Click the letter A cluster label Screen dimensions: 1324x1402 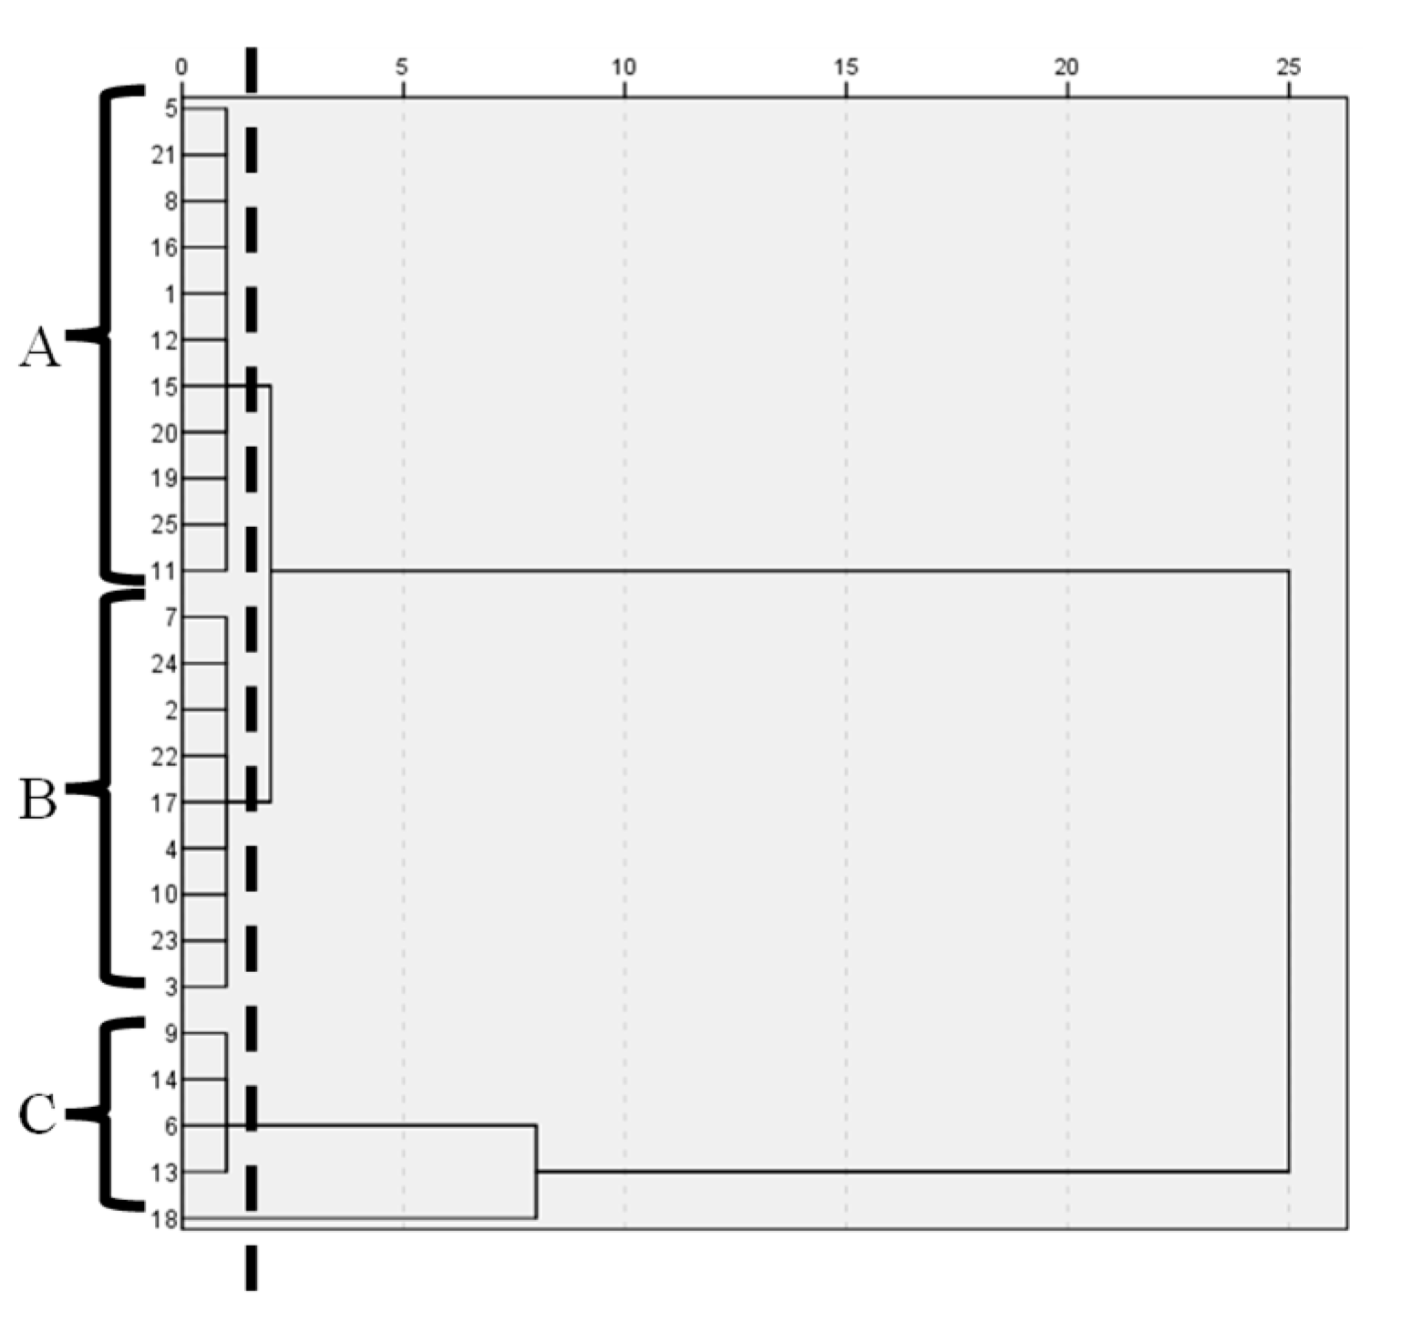click(39, 347)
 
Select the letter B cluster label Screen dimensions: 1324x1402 click(38, 800)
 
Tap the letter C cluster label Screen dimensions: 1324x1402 click(38, 1114)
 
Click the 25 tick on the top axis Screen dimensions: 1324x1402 click(1288, 67)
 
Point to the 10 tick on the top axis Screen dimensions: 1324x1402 click(624, 67)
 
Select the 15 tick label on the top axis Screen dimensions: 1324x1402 click(846, 67)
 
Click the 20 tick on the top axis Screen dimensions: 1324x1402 click(1067, 67)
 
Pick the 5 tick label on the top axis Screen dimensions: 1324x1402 click(402, 67)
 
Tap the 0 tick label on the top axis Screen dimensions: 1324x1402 click(181, 67)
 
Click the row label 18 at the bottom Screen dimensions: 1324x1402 click(165, 1219)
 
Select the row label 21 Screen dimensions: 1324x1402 click(164, 156)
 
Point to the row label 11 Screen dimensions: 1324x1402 click(165, 572)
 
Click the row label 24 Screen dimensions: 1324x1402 click(164, 665)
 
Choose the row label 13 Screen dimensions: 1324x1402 click(165, 1173)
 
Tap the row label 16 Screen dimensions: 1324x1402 click(164, 248)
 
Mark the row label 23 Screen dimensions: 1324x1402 click(164, 942)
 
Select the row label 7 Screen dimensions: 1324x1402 click(171, 618)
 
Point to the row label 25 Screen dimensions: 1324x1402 click(164, 525)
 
